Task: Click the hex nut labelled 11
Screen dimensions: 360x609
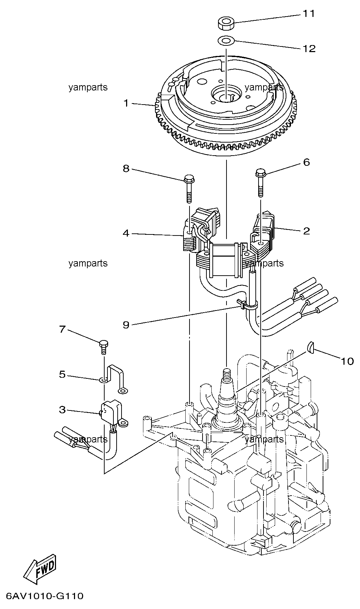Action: coord(226,24)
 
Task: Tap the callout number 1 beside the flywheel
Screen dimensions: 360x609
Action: coord(126,103)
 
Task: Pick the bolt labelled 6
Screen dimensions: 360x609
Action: coord(260,183)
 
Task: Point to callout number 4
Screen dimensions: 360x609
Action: coord(126,233)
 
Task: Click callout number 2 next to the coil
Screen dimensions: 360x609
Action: coord(306,231)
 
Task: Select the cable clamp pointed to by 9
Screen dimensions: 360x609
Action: coord(247,304)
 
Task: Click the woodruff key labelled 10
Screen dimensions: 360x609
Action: coord(310,348)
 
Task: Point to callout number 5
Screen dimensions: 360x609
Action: coord(62,374)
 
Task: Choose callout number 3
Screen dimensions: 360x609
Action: coord(62,410)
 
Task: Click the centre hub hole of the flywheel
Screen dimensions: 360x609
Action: coord(226,96)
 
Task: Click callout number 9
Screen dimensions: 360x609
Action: coord(126,325)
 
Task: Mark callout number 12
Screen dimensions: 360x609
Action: coord(309,48)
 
